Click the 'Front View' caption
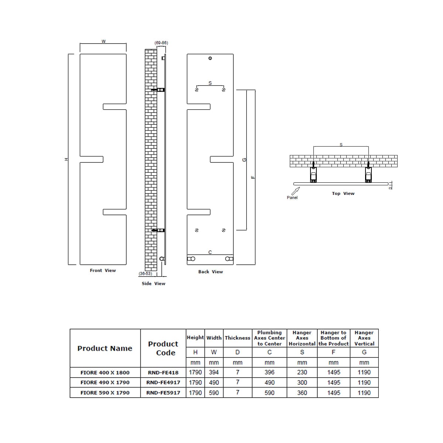tap(103, 271)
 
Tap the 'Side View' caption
tap(154, 284)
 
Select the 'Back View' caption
tap(210, 272)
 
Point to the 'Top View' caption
tap(343, 193)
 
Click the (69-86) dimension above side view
tap(161, 43)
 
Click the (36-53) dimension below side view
tap(145, 274)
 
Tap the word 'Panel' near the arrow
tap(292, 198)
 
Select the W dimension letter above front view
tap(103, 41)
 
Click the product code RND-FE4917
tap(163, 382)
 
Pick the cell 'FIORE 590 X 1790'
tap(105, 393)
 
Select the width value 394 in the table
tap(214, 372)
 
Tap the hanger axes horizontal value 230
tap(302, 372)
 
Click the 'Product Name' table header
tap(105, 348)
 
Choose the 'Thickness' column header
tap(237, 338)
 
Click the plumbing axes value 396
tap(269, 372)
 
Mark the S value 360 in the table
tap(302, 393)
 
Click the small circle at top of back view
tap(210, 58)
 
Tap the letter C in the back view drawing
tap(210, 252)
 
